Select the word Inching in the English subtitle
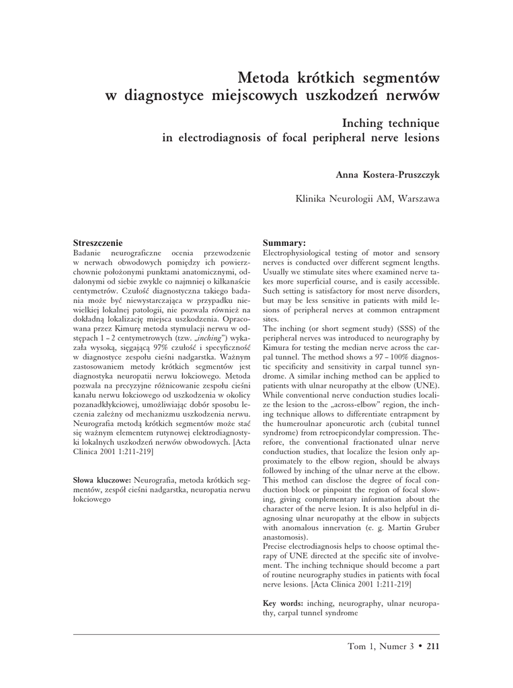tap(367, 123)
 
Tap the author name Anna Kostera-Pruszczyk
tap(387, 175)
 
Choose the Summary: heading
tap(284, 242)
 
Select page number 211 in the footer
tap(432, 646)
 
